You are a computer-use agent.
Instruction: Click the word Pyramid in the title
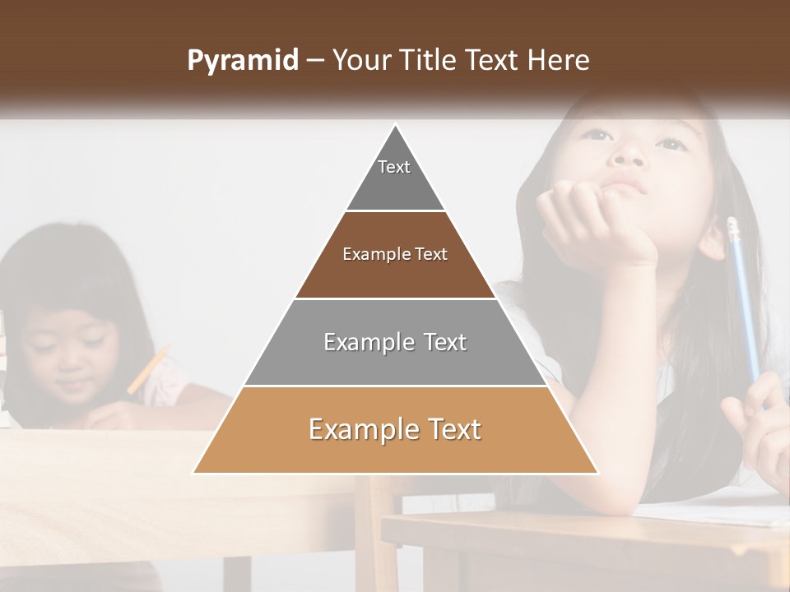[x=243, y=61]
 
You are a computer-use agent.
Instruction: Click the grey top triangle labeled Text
[x=395, y=177]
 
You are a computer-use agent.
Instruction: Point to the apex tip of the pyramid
[x=396, y=126]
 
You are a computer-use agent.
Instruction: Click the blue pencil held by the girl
[x=743, y=296]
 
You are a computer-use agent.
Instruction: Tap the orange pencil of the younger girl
[x=148, y=370]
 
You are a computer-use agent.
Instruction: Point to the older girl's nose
[x=630, y=153]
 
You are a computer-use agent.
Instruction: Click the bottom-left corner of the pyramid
[x=194, y=473]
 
